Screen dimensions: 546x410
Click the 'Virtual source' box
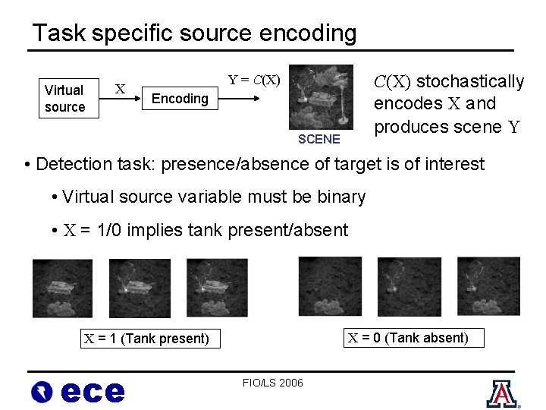click(x=65, y=98)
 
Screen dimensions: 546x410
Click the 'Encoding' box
click(x=180, y=98)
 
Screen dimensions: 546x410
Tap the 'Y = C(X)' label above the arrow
click(x=254, y=80)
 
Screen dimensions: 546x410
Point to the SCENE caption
click(x=319, y=139)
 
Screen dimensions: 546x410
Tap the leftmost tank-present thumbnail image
click(x=62, y=289)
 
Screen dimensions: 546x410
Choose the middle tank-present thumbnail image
click(x=140, y=289)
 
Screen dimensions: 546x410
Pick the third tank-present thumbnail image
click(x=217, y=289)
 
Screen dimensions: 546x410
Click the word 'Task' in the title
click(x=59, y=33)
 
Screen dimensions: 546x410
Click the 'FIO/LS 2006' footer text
click(x=273, y=382)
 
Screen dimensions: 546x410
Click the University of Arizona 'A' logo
click(x=500, y=393)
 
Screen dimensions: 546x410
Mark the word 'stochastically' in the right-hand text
click(x=471, y=81)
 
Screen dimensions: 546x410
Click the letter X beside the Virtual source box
click(x=120, y=90)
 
